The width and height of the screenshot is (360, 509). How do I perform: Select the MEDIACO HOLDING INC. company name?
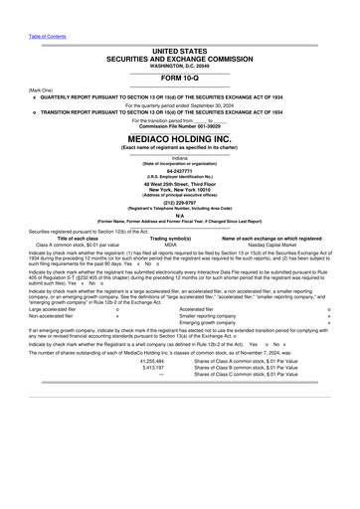[x=179, y=139]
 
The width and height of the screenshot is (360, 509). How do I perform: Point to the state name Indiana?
[x=179, y=157]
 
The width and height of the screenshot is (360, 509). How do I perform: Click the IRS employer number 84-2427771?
[x=179, y=170]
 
